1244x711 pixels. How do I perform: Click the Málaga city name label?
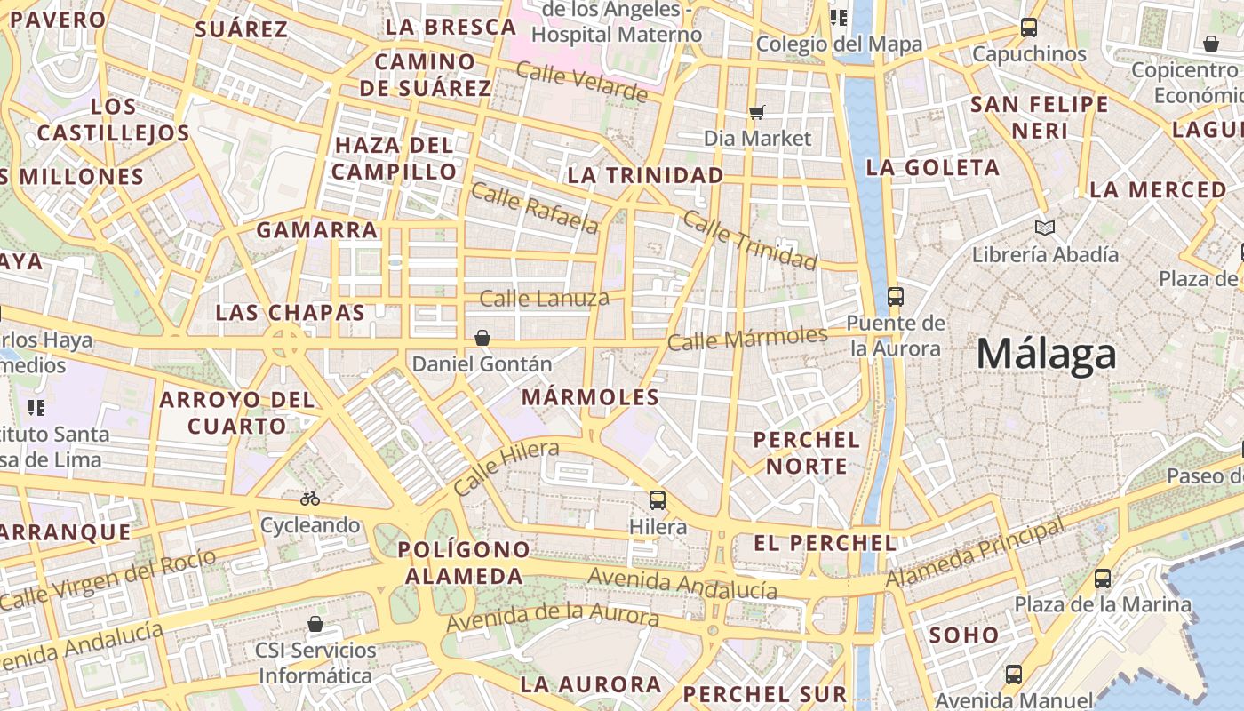pos(1046,355)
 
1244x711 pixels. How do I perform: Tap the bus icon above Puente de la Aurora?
pos(895,297)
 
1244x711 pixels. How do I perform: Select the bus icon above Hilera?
pos(658,500)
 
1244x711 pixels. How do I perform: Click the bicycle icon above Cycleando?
pos(310,499)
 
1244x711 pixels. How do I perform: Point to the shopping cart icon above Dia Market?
pos(757,112)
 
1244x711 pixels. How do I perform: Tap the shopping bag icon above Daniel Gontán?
pos(482,338)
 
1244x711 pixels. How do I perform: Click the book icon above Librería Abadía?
pos(1045,228)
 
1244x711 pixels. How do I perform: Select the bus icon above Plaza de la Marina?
pos(1103,579)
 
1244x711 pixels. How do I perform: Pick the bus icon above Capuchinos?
pos(1029,28)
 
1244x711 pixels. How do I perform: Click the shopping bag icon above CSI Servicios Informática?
pos(315,624)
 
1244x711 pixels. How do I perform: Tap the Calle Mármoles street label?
pos(747,338)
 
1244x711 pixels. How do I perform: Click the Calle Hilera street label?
pos(506,467)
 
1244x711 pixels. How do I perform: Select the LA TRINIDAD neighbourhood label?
pos(645,175)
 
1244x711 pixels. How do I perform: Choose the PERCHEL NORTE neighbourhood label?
pos(807,452)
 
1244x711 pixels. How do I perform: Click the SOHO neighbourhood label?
pos(964,635)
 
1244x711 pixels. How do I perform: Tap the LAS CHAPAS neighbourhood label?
pos(291,313)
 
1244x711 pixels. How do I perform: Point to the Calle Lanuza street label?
pos(545,298)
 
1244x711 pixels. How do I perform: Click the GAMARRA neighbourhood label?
pos(317,230)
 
